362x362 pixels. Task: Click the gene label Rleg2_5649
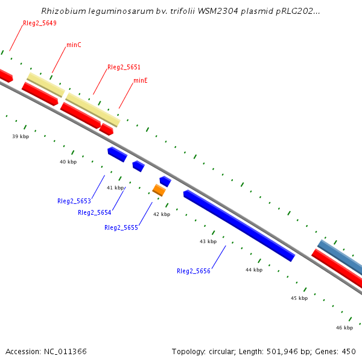[x=40, y=24]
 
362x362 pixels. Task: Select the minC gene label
[x=74, y=45]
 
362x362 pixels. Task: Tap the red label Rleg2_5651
[x=124, y=67]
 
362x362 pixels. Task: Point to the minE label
[x=141, y=80]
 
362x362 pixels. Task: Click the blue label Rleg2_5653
[x=74, y=201]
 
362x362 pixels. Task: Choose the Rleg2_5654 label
[x=94, y=212]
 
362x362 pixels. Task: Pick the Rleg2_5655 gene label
[x=121, y=227]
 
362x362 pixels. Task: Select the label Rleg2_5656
[x=193, y=271]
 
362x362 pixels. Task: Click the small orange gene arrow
[x=159, y=191]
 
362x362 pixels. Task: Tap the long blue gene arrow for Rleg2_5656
[x=238, y=226]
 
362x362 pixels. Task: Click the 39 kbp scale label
[x=21, y=136]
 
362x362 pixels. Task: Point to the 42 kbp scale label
[x=161, y=214]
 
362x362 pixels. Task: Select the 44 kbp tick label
[x=254, y=270]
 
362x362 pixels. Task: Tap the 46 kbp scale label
[x=345, y=328]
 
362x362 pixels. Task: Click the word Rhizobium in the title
[x=62, y=11]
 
